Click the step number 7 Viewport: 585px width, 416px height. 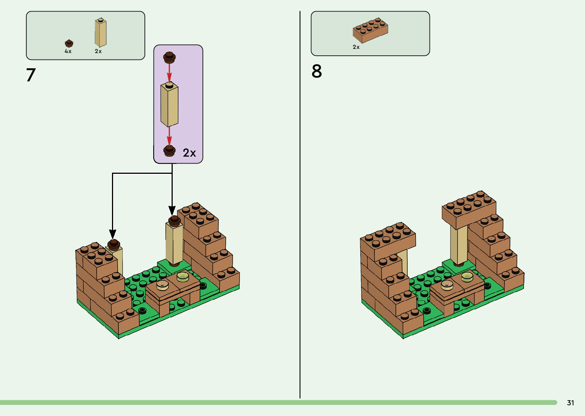click(31, 75)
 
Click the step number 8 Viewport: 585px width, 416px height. click(316, 71)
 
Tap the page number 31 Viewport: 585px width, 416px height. click(570, 403)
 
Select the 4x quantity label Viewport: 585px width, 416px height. click(68, 51)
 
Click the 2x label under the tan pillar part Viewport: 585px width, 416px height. click(98, 51)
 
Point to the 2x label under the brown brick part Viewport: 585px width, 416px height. click(356, 47)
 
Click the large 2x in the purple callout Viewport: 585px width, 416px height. click(189, 153)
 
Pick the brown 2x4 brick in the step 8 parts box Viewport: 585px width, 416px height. click(370, 30)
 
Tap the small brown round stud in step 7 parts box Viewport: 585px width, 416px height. click(69, 43)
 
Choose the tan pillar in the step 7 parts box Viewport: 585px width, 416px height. click(100, 32)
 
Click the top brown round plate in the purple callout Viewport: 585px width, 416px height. click(169, 57)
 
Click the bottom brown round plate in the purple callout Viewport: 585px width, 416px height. click(169, 151)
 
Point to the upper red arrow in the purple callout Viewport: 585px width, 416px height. click(169, 73)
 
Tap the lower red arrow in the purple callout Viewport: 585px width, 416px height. click(169, 137)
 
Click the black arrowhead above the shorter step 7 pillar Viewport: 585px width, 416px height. click(113, 234)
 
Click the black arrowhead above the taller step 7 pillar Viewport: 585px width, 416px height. click(172, 210)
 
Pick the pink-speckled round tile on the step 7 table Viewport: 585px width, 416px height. click(162, 285)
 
